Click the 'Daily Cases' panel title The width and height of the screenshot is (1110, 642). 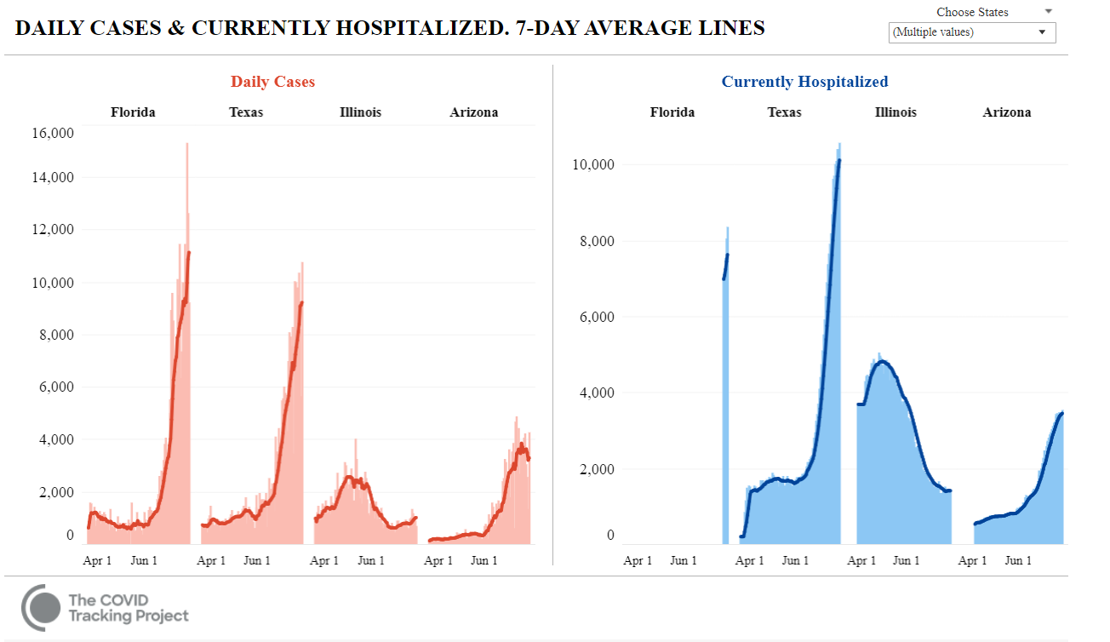[x=272, y=82]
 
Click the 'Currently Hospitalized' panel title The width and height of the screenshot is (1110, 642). [x=804, y=82]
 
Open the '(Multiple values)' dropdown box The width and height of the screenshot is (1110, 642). [x=971, y=32]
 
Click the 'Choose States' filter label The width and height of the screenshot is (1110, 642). [x=972, y=12]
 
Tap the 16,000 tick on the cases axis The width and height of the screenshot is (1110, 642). [x=53, y=133]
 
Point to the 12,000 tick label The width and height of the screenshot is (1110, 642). [x=53, y=230]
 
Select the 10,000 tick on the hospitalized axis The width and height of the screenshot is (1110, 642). [x=592, y=164]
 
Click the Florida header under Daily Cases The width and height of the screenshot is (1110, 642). [x=133, y=112]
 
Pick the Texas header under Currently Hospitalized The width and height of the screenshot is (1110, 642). [x=784, y=112]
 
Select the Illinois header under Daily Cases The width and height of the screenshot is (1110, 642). [x=360, y=112]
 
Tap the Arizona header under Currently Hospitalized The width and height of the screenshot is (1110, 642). [x=1006, y=112]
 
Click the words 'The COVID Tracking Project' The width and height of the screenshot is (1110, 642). [x=128, y=607]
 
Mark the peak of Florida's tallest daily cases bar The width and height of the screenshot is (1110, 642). [x=186, y=144]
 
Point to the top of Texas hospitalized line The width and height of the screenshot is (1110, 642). [x=838, y=160]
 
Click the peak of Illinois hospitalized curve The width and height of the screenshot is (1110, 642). [x=882, y=362]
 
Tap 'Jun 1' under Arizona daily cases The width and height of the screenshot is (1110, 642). [x=484, y=560]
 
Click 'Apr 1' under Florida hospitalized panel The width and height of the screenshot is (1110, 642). [x=638, y=560]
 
